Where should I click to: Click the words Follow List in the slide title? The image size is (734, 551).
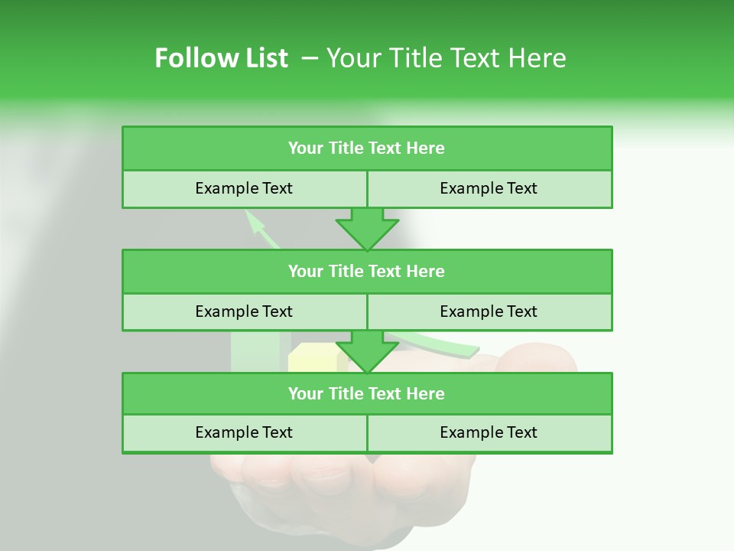pos(221,58)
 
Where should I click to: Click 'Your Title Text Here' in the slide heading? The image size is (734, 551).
pos(446,58)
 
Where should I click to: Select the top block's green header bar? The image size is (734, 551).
pos(367,148)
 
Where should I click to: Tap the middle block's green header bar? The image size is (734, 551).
pos(367,271)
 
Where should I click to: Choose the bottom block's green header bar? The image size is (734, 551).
pos(367,393)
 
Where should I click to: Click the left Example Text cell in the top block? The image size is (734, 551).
pos(244,188)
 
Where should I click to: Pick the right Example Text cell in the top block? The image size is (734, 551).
pos(489,188)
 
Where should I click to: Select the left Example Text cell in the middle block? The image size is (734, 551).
pos(244,311)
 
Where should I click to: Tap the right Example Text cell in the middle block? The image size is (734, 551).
pos(489,311)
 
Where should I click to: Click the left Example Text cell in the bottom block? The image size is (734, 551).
pos(244,432)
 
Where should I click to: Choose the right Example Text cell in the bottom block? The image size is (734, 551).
pos(489,432)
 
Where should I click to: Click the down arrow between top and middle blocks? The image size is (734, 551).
pos(367,229)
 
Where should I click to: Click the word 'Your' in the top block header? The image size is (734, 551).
pos(306,148)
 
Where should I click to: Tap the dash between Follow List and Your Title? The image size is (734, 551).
pos(310,58)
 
